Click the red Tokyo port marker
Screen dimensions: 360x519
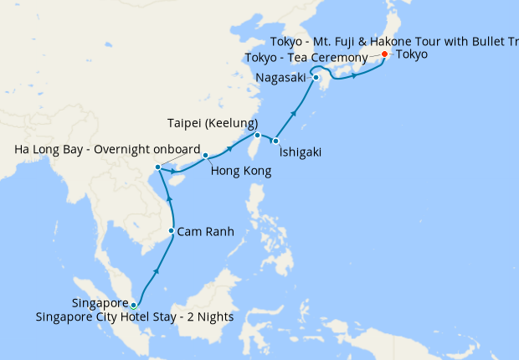[384, 54]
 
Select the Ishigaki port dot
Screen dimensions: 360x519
[275, 141]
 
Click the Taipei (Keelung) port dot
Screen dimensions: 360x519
[257, 135]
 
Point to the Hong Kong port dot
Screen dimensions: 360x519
[205, 155]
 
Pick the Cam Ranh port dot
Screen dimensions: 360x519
[172, 231]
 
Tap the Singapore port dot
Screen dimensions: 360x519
[133, 305]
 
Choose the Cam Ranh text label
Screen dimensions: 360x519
[205, 231]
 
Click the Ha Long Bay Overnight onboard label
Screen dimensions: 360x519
[108, 151]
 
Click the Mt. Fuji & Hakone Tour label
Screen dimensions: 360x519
[393, 42]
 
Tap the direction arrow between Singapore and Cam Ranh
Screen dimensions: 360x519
[156, 273]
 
